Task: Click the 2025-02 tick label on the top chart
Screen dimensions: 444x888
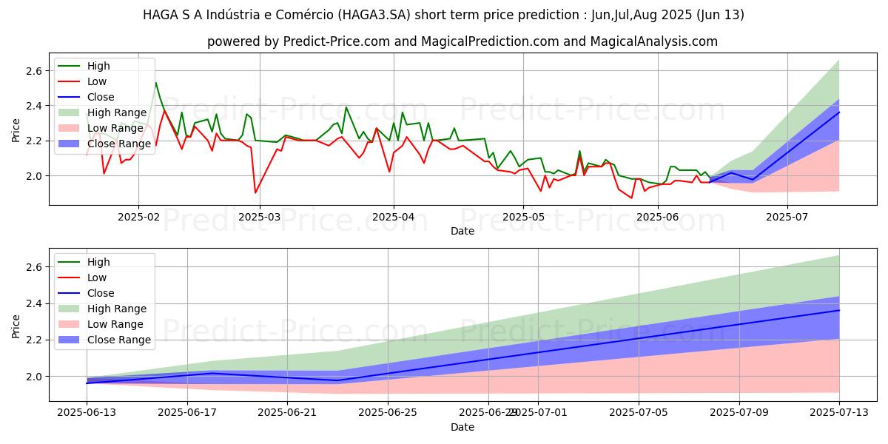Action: pos(138,217)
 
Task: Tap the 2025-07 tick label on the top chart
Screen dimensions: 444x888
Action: pos(787,217)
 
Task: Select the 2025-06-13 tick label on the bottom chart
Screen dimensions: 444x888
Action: pos(87,413)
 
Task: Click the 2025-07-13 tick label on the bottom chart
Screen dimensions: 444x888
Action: pos(838,413)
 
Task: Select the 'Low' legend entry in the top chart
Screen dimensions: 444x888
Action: pos(97,81)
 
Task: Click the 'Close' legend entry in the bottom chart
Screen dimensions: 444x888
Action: pos(101,293)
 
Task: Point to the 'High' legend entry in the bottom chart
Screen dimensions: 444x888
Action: pos(98,262)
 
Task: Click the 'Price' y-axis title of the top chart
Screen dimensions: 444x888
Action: pos(16,130)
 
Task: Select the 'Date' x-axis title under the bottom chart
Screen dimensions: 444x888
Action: pos(462,427)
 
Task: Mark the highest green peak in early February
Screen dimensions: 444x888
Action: pos(155,82)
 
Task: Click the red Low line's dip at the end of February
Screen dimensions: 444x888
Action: pos(255,193)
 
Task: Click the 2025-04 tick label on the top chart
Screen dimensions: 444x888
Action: pos(393,217)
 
